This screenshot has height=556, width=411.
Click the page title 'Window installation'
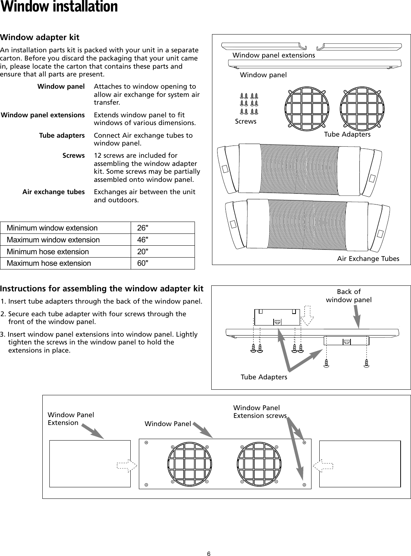tap(59, 7)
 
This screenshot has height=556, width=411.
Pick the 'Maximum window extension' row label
tap(53, 240)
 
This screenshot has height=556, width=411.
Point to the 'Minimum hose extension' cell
tap(48, 252)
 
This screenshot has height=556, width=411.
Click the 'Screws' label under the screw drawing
tap(245, 121)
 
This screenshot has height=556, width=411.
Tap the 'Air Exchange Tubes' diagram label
tap(368, 259)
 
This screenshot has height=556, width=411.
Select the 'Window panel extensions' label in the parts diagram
tap(274, 55)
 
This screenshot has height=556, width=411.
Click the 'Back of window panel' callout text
tap(349, 296)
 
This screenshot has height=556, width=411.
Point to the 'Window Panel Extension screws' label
tap(260, 412)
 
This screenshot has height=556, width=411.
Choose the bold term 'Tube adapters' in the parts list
tap(62, 135)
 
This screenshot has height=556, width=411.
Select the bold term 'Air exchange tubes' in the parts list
tap(53, 192)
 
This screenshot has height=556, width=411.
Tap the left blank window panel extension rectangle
tap(90, 464)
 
